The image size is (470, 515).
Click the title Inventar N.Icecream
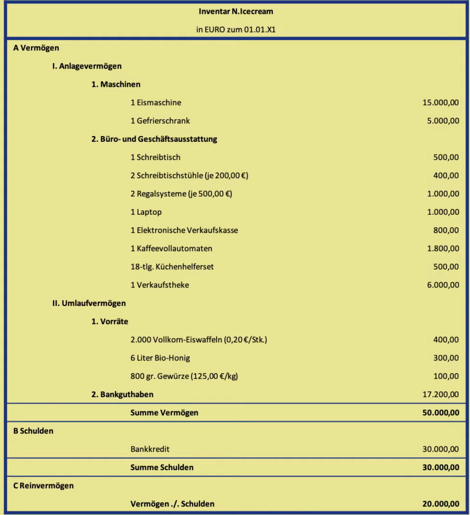[236, 11]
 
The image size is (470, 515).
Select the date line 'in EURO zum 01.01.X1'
[236, 30]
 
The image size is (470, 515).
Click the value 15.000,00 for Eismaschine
[441, 103]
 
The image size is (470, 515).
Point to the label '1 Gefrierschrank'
[160, 121]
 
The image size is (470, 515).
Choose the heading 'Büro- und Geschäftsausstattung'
[154, 139]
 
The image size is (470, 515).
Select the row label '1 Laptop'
[146, 212]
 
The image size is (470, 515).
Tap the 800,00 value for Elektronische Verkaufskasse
[446, 231]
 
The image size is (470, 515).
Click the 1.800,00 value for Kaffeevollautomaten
[443, 249]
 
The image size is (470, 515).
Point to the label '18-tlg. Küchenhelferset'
[172, 267]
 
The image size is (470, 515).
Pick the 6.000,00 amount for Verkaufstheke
[443, 285]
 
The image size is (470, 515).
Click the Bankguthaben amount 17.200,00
[441, 394]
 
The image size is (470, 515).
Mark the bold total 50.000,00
[441, 413]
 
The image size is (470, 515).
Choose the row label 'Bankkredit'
[150, 449]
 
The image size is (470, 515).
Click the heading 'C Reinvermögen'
[43, 486]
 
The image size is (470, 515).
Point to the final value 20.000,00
[441, 504]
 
